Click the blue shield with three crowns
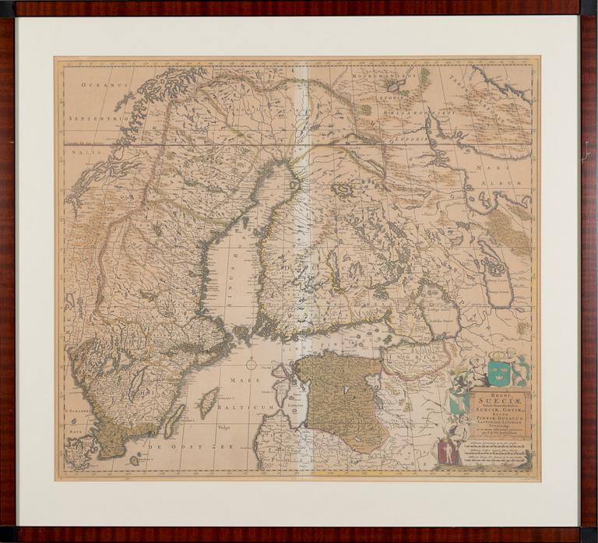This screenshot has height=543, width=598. coord(499,372)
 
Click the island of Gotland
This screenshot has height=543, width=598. coord(208,403)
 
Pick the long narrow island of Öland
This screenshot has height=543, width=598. coord(174,421)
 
